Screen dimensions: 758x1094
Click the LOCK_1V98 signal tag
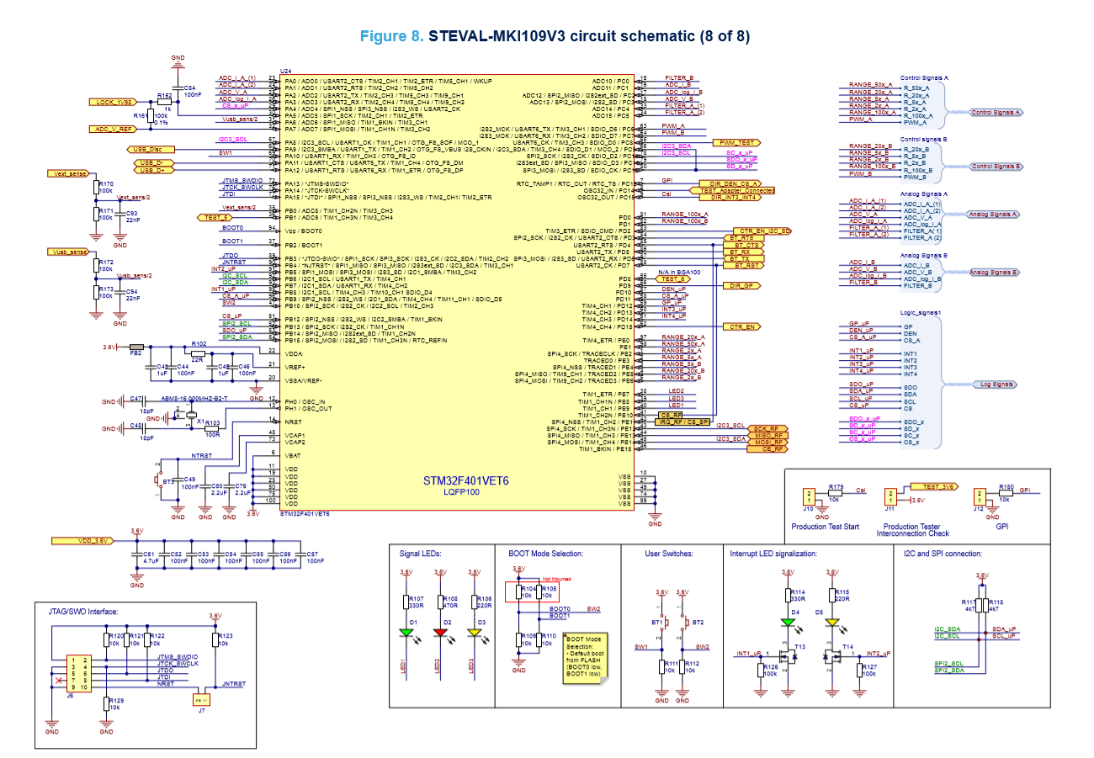click(112, 102)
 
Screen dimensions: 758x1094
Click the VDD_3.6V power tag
click(81, 540)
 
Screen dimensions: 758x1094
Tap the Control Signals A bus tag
click(996, 112)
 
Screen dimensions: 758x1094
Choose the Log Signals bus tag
click(996, 384)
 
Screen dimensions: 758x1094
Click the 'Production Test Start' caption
click(826, 527)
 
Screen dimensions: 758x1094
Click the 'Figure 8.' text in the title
click(392, 37)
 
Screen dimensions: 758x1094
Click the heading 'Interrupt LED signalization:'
click(773, 554)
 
